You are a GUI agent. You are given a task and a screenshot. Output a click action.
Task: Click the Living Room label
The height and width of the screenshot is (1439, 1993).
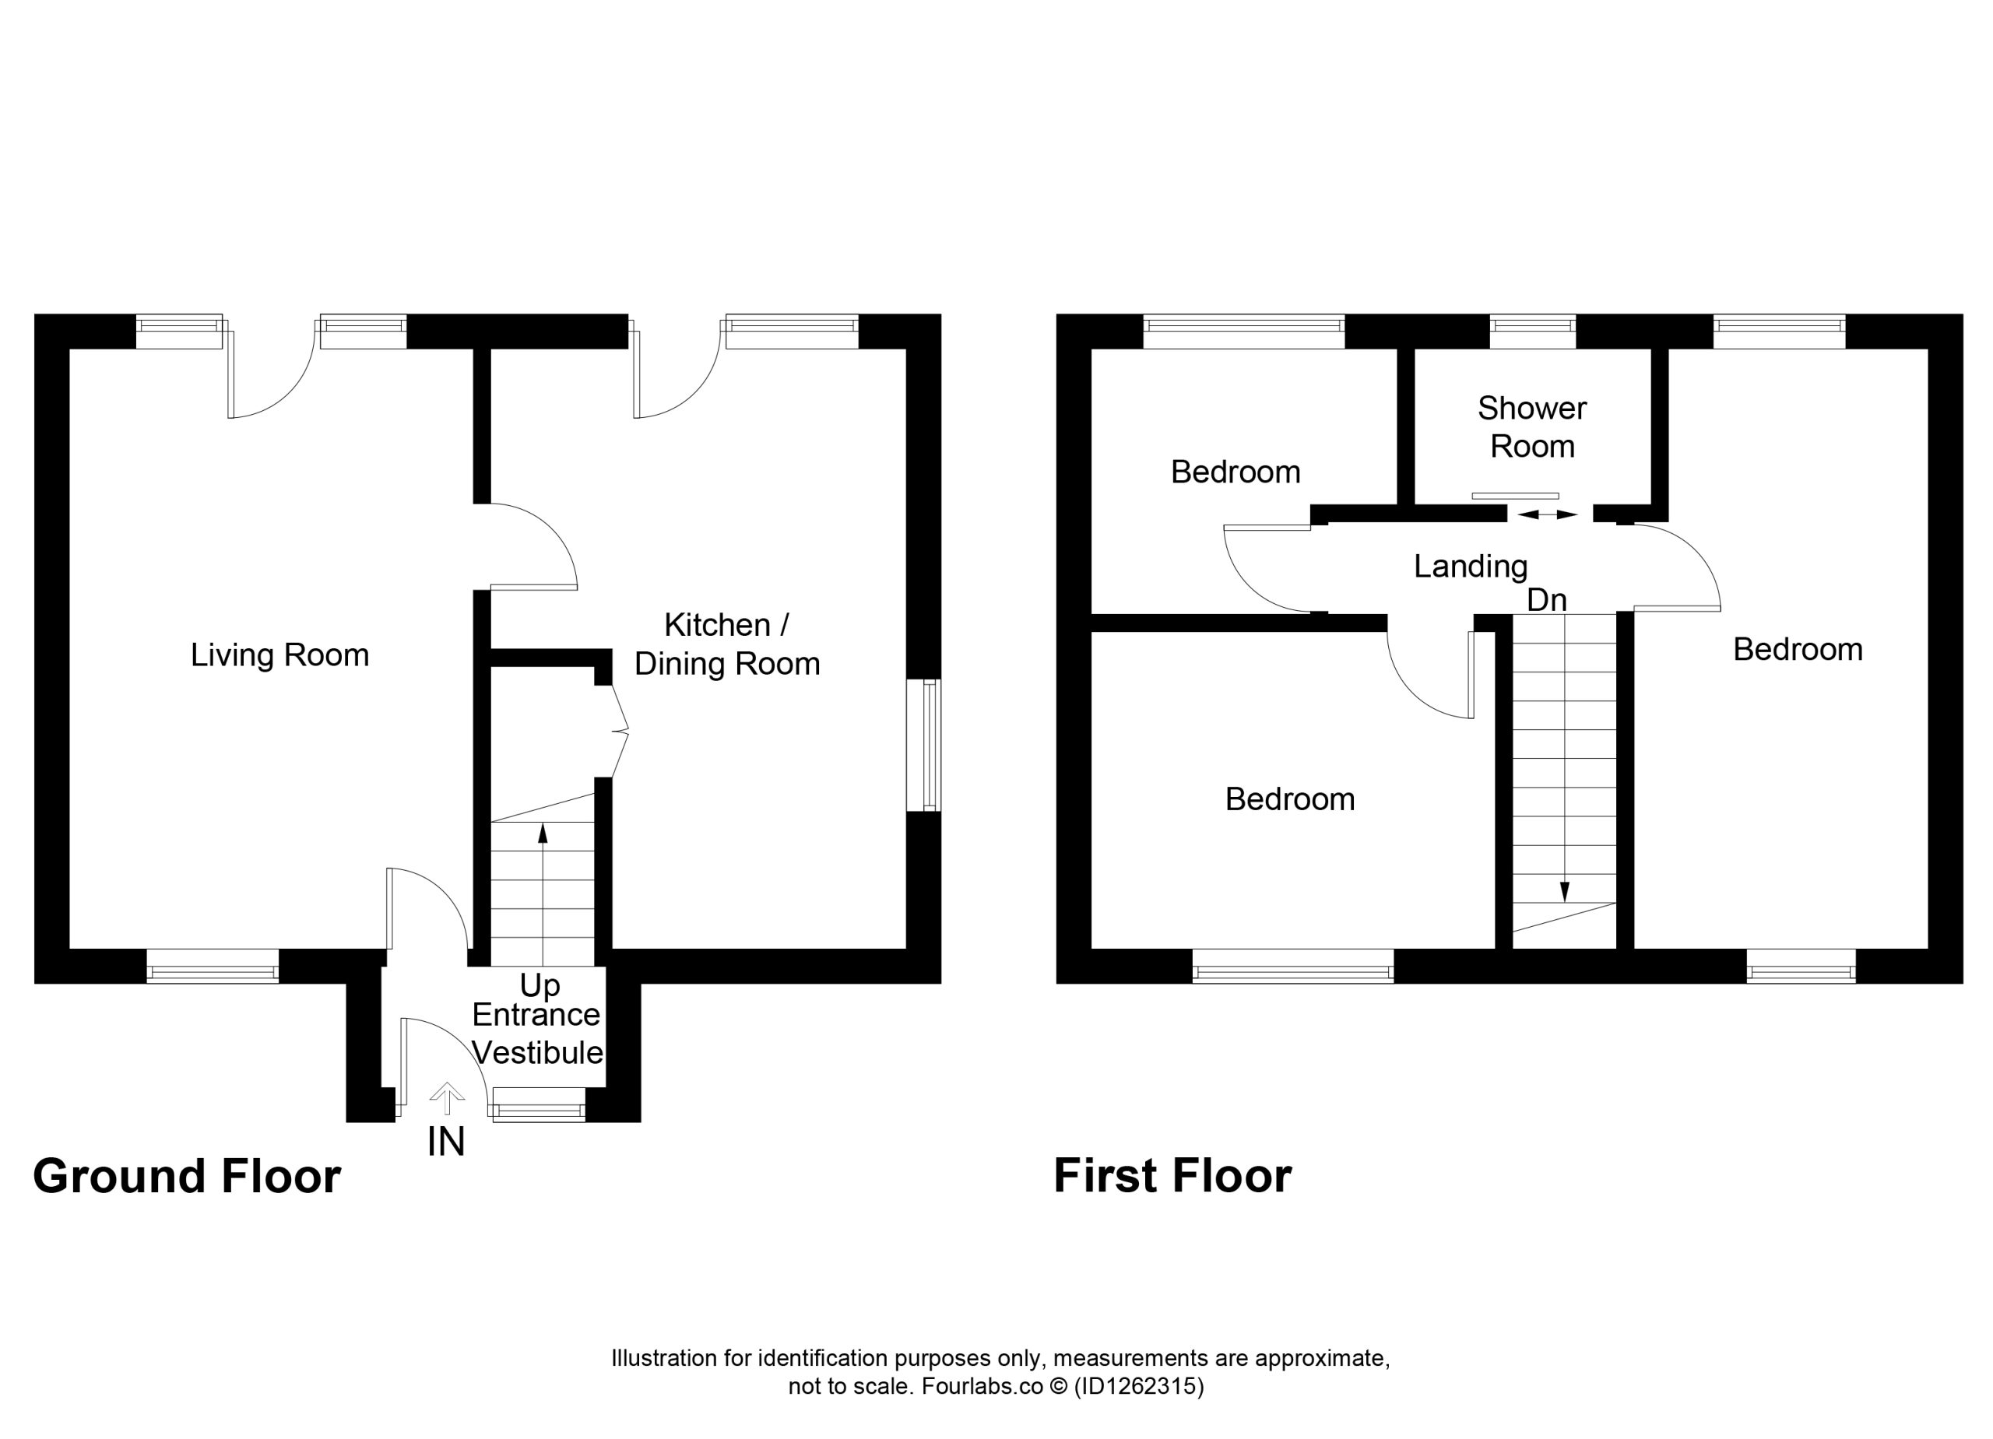279,655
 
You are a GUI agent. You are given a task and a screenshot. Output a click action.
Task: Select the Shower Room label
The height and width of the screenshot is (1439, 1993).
1531,427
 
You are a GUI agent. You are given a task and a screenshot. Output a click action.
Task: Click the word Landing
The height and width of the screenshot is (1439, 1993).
1470,567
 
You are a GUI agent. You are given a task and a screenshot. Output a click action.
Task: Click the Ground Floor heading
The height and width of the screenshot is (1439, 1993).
187,1176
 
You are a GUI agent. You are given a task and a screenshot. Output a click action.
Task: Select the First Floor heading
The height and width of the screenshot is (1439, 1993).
1172,1175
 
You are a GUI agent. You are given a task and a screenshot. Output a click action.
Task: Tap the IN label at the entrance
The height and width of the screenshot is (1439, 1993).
445,1142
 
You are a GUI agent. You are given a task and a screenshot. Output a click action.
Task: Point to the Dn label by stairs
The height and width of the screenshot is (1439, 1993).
1547,600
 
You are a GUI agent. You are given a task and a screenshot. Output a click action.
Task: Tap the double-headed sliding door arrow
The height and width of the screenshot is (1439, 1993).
1548,514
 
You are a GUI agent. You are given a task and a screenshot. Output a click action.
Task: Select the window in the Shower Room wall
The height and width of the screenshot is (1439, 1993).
1533,332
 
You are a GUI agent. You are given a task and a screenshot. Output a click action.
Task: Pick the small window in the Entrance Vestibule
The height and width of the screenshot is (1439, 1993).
539,1104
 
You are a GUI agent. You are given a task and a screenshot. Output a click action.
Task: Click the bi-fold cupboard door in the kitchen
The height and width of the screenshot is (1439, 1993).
619,731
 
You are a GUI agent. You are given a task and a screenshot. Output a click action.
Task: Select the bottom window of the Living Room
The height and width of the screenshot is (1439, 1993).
213,967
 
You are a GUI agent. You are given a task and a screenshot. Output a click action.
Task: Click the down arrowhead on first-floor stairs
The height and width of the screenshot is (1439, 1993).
1564,892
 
